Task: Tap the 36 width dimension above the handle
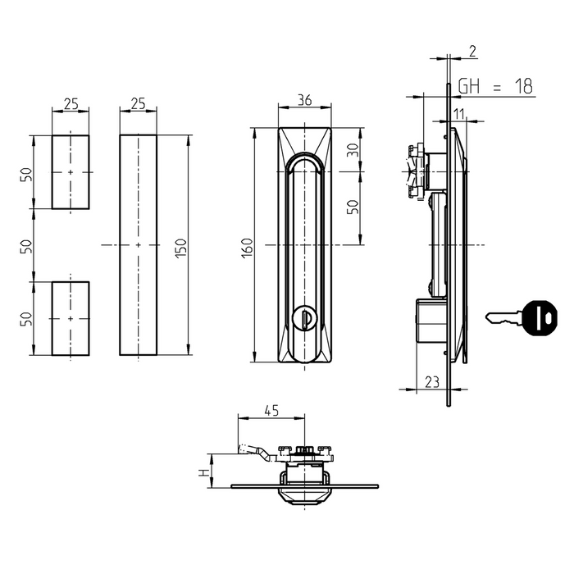click(x=304, y=101)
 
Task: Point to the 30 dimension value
click(x=353, y=151)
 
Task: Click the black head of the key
click(x=537, y=318)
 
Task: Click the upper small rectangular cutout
click(x=71, y=172)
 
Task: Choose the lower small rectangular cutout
click(x=71, y=318)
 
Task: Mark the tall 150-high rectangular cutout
click(x=138, y=244)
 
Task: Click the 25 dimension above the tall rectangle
click(x=138, y=103)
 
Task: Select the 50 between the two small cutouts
click(x=25, y=244)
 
